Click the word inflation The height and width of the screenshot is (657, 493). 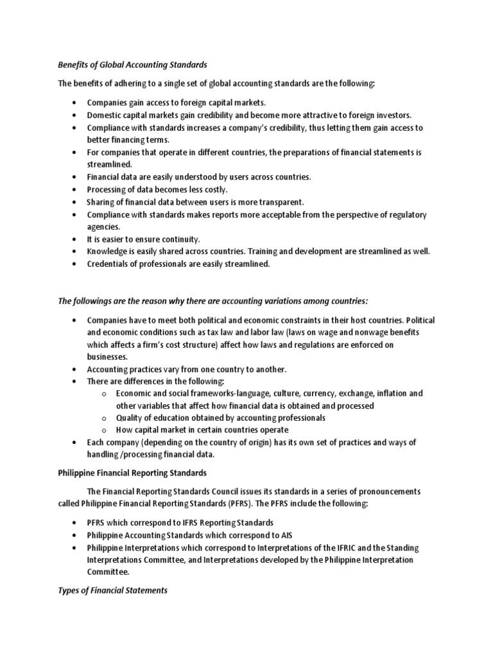coord(392,393)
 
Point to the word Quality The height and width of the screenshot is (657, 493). coord(128,418)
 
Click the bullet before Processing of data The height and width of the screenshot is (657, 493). coord(76,190)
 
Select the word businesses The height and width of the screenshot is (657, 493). coord(108,357)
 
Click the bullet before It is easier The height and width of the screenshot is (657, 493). coord(76,239)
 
